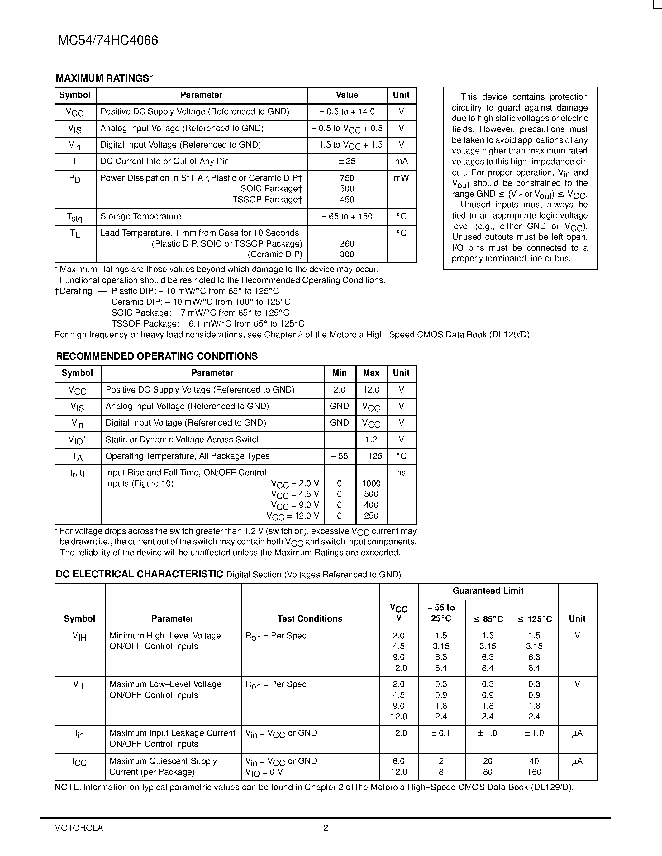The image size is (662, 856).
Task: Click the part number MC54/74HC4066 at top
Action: tap(108, 40)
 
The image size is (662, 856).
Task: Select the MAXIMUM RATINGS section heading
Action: tap(104, 78)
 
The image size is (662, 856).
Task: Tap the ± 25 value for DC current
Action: tap(347, 162)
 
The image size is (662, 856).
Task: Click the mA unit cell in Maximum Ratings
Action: tap(401, 162)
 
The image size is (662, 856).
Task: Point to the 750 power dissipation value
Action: tap(347, 178)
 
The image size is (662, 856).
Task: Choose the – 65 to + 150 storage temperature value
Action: tap(347, 216)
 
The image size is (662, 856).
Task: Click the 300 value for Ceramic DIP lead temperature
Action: tap(347, 254)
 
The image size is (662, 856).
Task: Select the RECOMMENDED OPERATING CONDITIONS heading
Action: tap(157, 356)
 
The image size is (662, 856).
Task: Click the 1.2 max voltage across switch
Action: tap(371, 440)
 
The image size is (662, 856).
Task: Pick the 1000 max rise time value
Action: tap(371, 484)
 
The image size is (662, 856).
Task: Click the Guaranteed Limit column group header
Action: tap(488, 591)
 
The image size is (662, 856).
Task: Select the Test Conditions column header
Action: tap(310, 619)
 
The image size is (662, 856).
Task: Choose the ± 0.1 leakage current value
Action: tap(441, 733)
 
